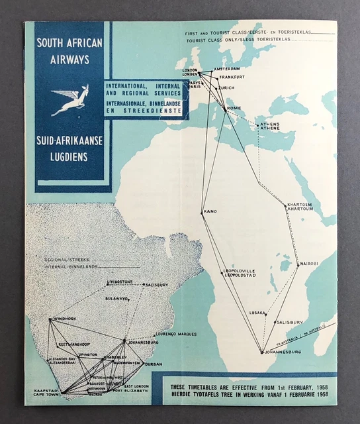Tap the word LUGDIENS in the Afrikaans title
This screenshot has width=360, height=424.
pos(67,157)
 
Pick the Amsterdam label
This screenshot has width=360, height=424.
pos(227,68)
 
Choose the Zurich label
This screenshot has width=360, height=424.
pos(226,88)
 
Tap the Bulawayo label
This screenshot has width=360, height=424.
pos(116,299)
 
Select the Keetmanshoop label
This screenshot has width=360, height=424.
pos(73,345)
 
